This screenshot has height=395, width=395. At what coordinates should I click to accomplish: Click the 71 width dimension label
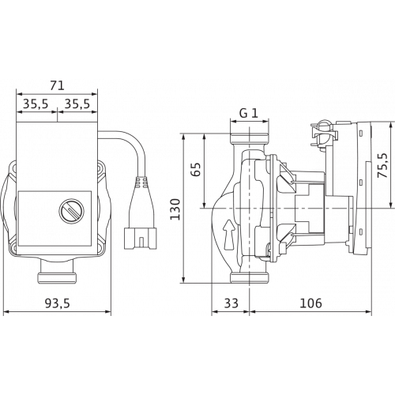coord(57,86)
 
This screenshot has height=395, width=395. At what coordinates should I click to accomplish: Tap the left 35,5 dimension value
coord(36,103)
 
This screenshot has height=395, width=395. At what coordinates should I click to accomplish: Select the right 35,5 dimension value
coord(77,103)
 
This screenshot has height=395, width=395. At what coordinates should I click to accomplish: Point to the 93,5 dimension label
coord(57,303)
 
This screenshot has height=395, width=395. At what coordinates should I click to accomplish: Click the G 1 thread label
coord(249,113)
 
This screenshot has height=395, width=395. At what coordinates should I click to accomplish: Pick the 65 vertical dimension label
coord(196,170)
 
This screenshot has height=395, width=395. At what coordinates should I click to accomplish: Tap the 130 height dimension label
coord(175,209)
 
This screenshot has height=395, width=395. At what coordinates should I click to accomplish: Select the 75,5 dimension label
coord(382,165)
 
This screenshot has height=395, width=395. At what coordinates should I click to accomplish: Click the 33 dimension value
coord(231,303)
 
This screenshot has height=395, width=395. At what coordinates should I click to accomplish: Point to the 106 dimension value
coord(311,303)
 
